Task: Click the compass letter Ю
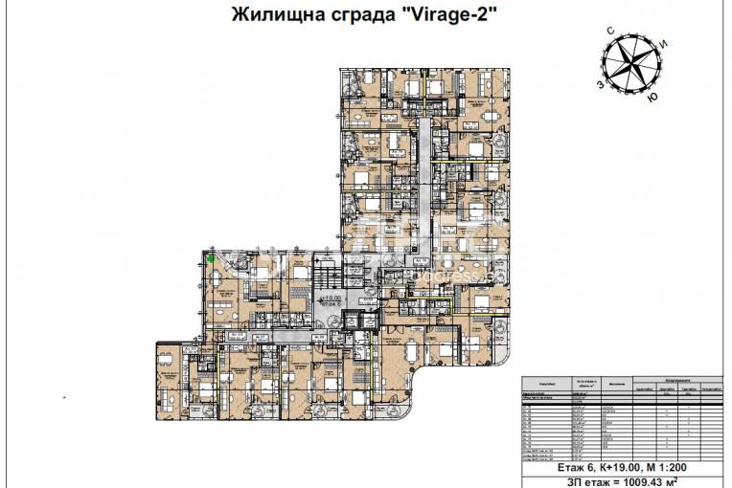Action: pos(652,97)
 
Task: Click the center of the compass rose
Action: pos(632,65)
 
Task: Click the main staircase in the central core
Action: pos(329,277)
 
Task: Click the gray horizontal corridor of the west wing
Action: pos(278,336)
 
